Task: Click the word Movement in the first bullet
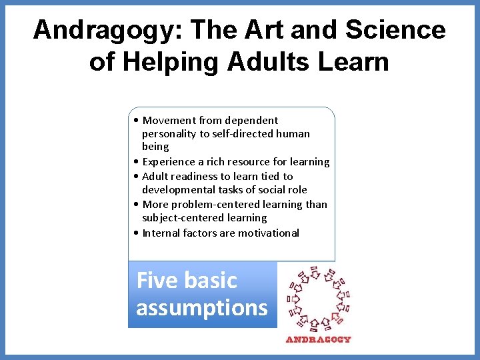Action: coord(169,121)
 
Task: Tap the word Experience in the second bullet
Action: coord(169,162)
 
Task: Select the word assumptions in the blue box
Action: coord(201,308)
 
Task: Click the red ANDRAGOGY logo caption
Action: coord(318,339)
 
